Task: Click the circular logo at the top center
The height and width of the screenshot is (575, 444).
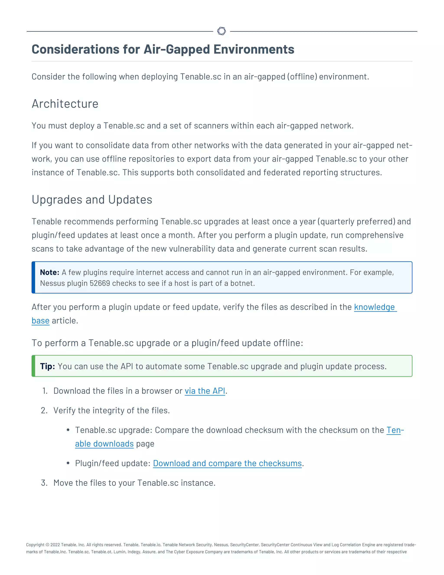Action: (x=222, y=31)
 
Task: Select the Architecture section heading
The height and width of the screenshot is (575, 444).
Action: (x=65, y=104)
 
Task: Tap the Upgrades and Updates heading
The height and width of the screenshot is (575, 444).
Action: (x=92, y=200)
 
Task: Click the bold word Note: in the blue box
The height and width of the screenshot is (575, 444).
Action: (x=49, y=272)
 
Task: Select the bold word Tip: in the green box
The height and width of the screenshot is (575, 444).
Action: (x=47, y=366)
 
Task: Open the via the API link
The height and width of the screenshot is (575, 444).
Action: (x=205, y=391)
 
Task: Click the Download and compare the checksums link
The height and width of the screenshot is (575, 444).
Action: (x=227, y=463)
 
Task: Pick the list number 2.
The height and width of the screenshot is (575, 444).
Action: (x=44, y=411)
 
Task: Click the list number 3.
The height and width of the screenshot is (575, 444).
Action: (x=44, y=483)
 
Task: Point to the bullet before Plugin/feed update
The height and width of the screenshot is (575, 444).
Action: (x=68, y=463)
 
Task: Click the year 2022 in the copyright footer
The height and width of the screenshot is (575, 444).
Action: (x=55, y=545)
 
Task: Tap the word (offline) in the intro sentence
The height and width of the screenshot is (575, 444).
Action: (x=302, y=77)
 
